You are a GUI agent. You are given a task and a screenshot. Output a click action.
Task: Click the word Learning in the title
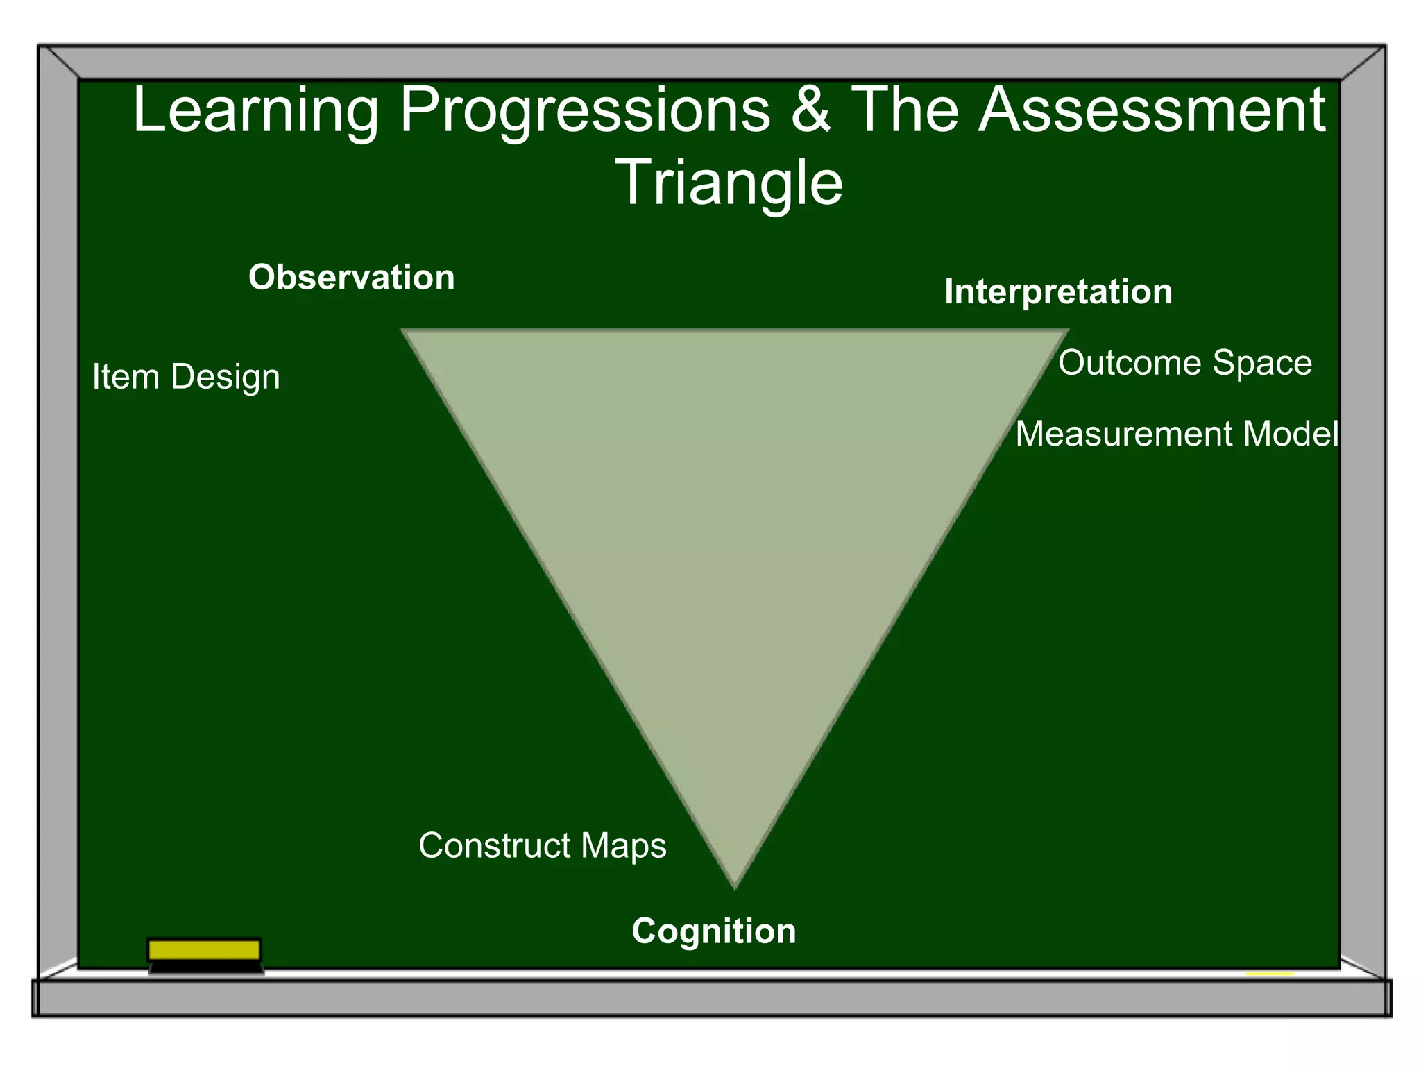tap(255, 111)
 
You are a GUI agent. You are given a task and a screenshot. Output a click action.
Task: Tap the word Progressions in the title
tap(585, 111)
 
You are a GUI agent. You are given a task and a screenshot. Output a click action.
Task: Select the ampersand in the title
tap(810, 111)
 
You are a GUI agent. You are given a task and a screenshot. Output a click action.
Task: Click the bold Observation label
tap(351, 278)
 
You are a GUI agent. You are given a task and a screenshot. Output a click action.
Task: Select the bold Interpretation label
tap(1058, 291)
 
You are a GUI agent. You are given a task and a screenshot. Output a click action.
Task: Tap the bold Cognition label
tap(713, 931)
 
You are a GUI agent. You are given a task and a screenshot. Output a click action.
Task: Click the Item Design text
tap(186, 377)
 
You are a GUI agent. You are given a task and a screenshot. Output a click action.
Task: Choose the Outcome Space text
tap(1184, 363)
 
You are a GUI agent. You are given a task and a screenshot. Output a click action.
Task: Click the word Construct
tap(495, 845)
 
